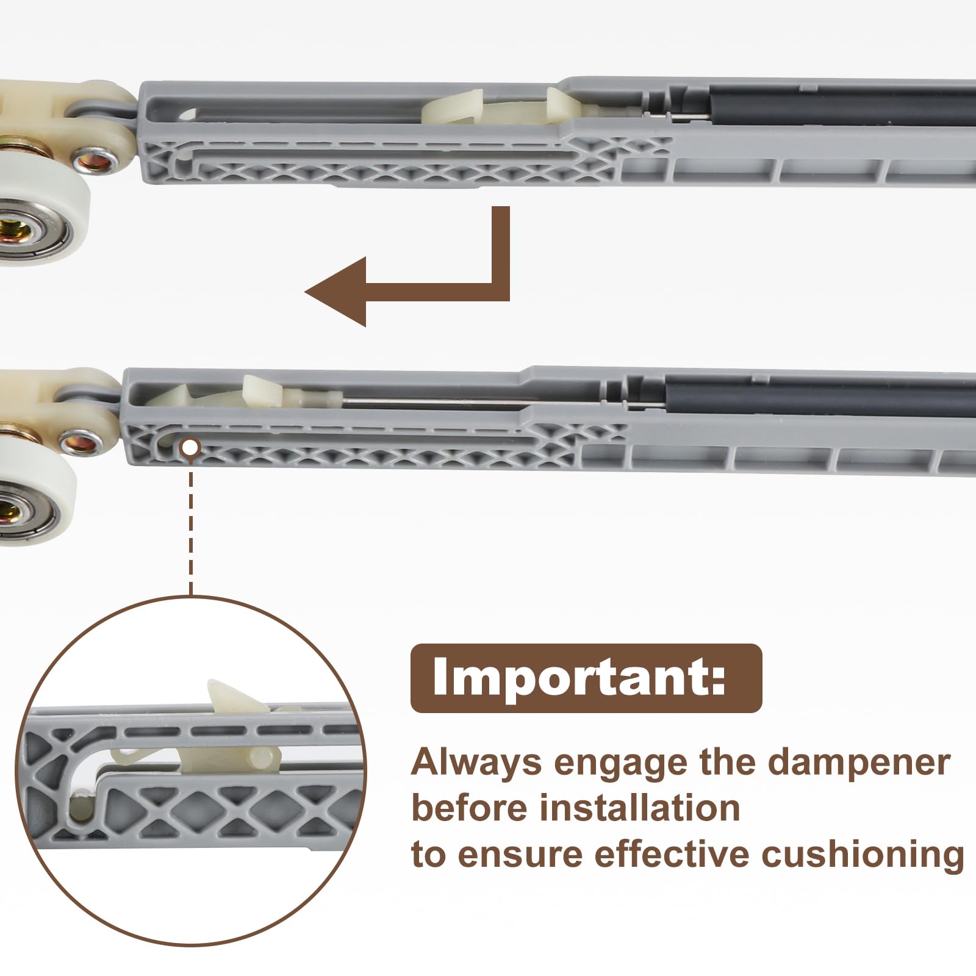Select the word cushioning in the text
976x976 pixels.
point(863,853)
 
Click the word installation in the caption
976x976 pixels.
point(640,808)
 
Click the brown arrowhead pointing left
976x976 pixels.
point(335,292)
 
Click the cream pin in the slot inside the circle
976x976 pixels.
point(79,808)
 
